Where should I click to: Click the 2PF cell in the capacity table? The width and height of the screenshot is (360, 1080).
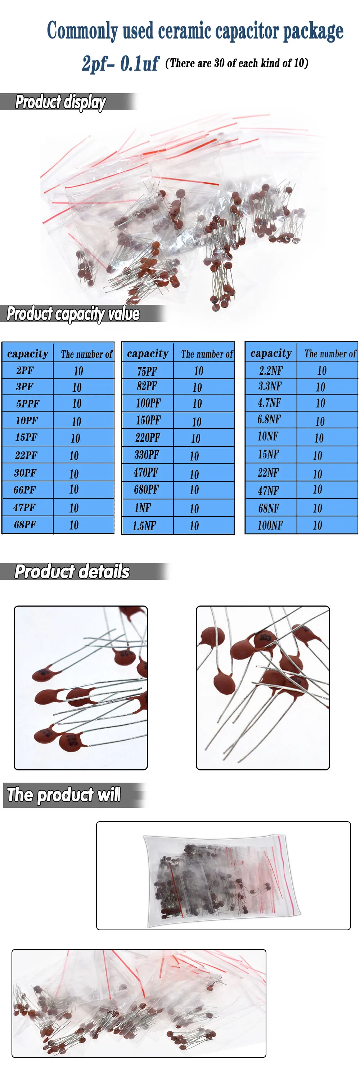coord(25,371)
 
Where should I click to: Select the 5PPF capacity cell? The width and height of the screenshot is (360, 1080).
coord(28,404)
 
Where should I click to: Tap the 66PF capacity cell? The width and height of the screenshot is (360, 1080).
coord(25,490)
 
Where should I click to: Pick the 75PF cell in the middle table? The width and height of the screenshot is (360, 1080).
coord(147,371)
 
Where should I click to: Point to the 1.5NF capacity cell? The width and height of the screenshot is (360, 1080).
coord(144,526)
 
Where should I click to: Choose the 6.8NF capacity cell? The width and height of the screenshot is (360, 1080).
coord(269,419)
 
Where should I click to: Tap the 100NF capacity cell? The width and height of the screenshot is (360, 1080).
coord(270,525)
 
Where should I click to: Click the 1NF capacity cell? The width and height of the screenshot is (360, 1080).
coord(143,508)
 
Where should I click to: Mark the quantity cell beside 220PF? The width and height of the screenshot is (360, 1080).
coord(195,438)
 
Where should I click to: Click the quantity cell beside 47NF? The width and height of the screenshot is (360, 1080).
coord(317,490)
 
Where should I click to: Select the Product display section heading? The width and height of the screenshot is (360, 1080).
coord(61,102)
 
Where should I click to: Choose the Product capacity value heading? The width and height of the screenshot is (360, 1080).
coord(73,314)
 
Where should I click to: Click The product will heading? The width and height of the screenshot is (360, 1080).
coord(64,795)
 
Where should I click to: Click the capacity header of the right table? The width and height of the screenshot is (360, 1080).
coord(271,354)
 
